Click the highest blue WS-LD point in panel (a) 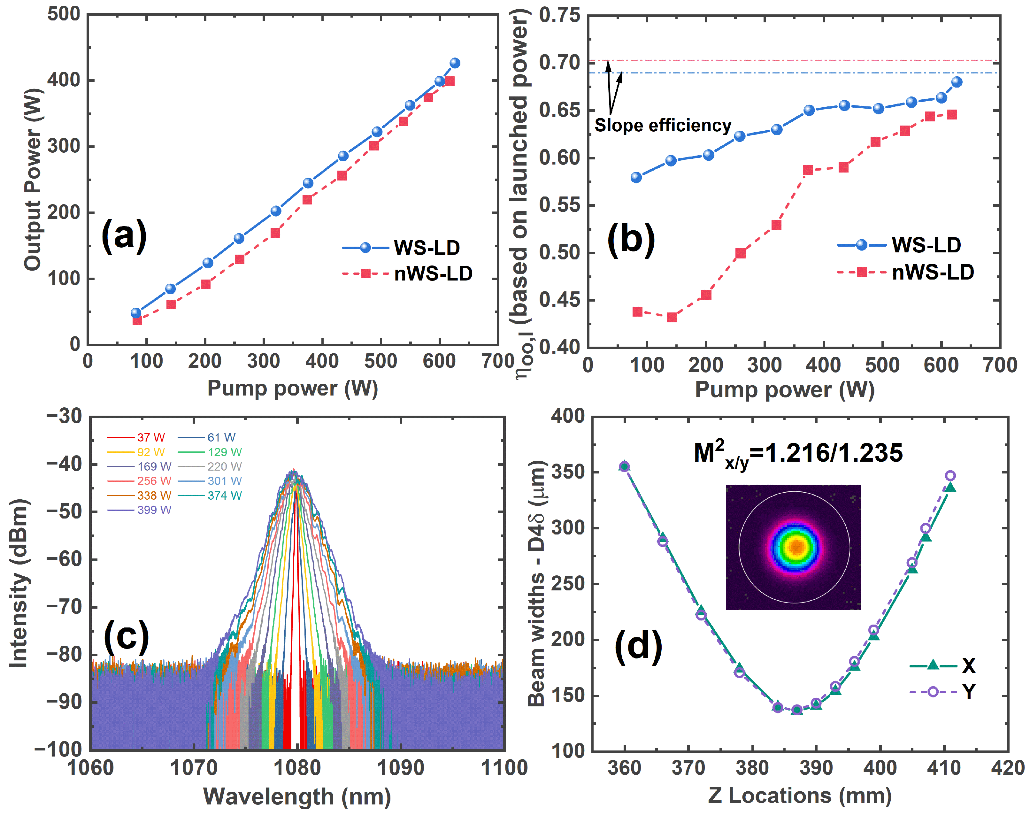coord(455,63)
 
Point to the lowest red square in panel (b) coord(671,317)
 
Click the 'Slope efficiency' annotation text coord(663,126)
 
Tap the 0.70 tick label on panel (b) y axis coord(559,63)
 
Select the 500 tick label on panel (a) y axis coord(64,14)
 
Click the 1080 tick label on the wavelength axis coord(297,768)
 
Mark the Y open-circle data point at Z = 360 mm coord(624,466)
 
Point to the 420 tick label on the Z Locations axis coord(1008,768)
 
